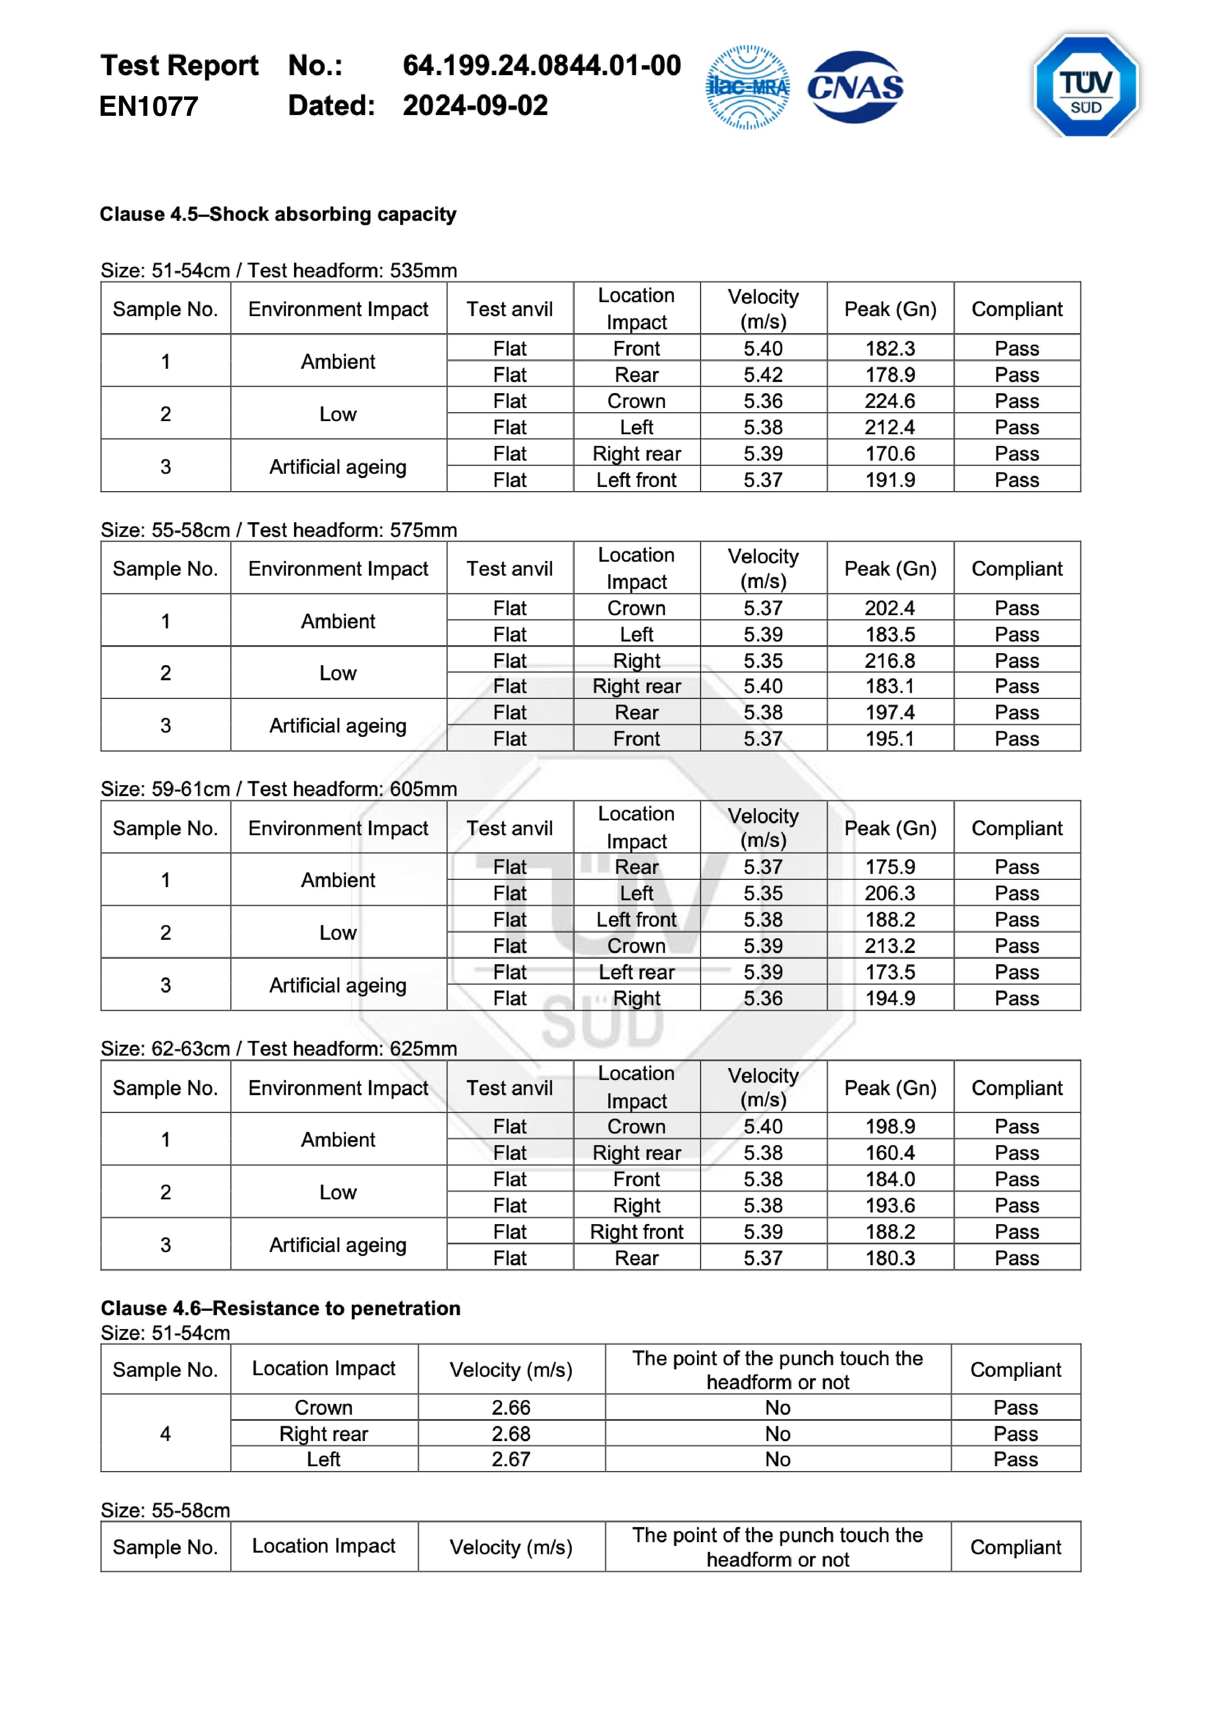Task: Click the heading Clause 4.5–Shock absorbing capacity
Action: pyautogui.click(x=278, y=214)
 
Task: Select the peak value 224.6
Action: pyautogui.click(x=890, y=401)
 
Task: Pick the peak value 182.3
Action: pyautogui.click(x=890, y=349)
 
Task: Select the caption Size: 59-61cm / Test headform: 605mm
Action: pyautogui.click(x=279, y=789)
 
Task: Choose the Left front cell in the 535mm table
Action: pyautogui.click(x=636, y=480)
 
